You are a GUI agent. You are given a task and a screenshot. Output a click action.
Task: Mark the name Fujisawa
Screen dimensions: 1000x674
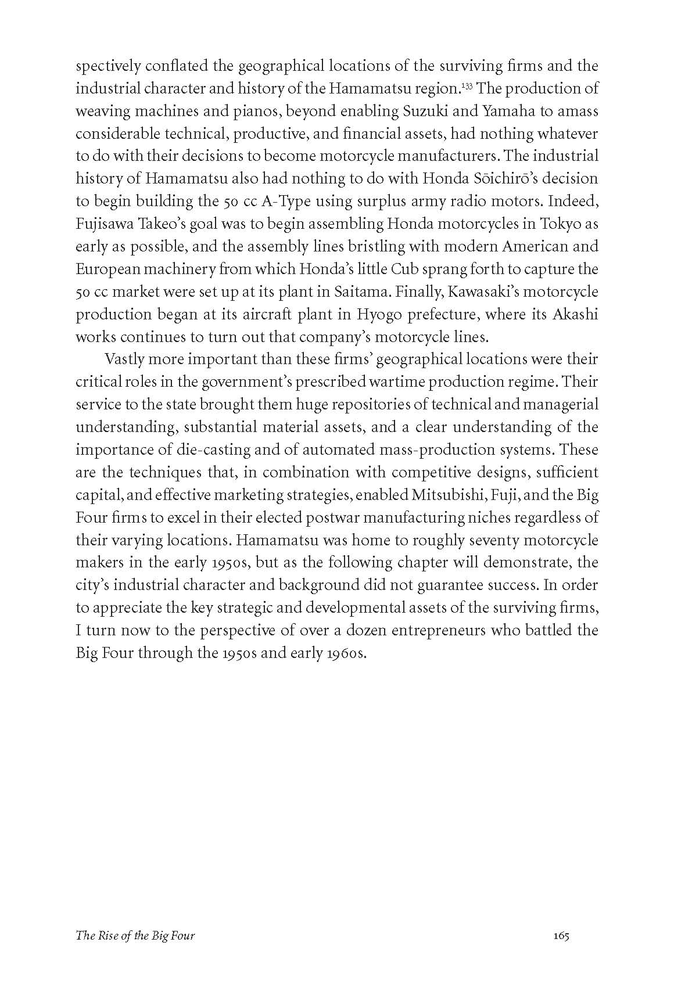(x=102, y=224)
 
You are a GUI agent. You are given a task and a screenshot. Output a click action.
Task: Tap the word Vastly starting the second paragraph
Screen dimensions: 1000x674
(x=124, y=359)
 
